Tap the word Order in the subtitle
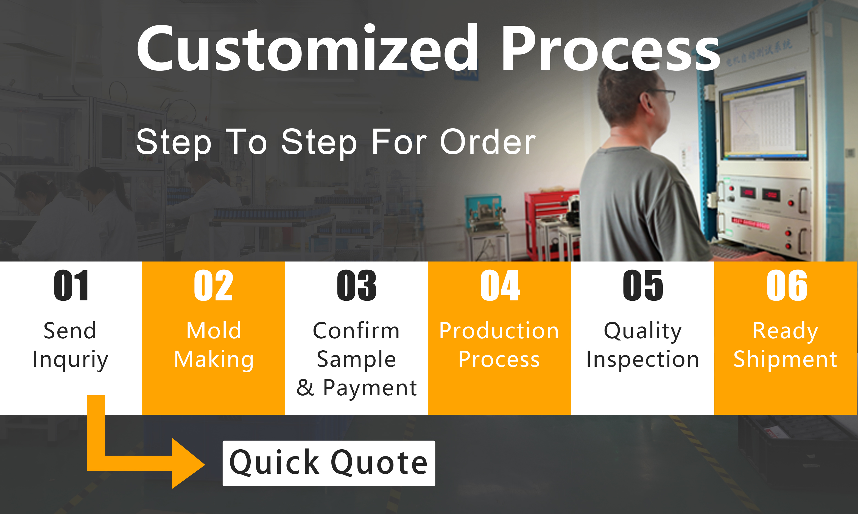(488, 142)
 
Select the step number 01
(71, 285)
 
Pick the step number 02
(213, 285)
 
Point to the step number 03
(357, 285)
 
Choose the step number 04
(500, 285)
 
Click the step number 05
(643, 285)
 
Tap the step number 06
(787, 285)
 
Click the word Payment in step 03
(370, 388)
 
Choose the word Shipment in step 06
(785, 359)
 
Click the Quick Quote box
(329, 463)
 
